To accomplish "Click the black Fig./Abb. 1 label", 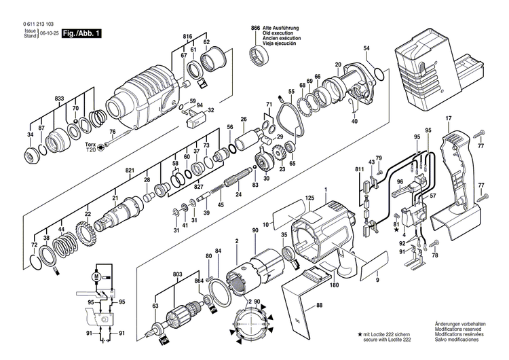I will (81, 32).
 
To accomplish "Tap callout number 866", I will (255, 28).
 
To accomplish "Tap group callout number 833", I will (60, 99).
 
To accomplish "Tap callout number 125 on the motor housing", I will (309, 198).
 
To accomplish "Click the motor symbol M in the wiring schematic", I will (96, 277).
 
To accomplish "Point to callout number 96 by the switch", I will (400, 181).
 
